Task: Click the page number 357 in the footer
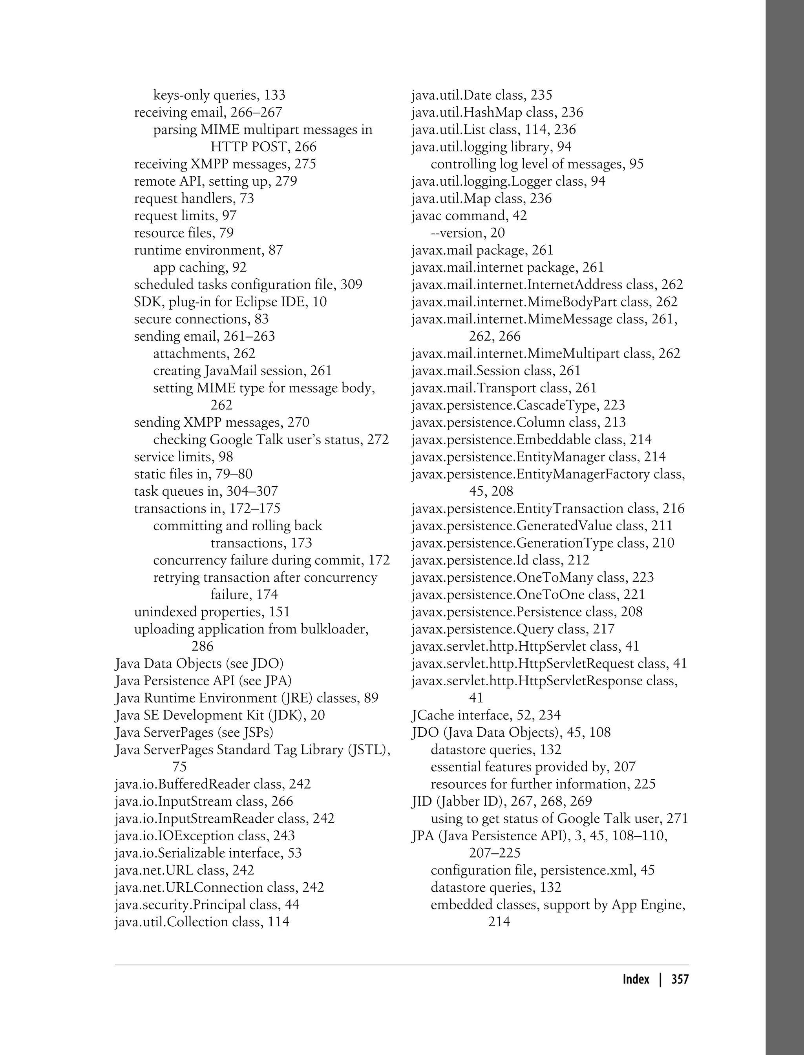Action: tap(680, 979)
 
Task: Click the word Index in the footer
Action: tap(636, 979)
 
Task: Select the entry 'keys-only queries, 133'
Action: tap(219, 95)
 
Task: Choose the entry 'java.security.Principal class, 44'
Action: tap(207, 905)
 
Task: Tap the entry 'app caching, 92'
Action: tap(200, 267)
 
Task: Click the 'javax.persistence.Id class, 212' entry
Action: tap(501, 560)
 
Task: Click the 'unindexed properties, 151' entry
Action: tap(212, 612)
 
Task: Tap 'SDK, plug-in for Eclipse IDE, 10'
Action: tap(230, 302)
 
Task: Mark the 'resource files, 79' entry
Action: tap(184, 233)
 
